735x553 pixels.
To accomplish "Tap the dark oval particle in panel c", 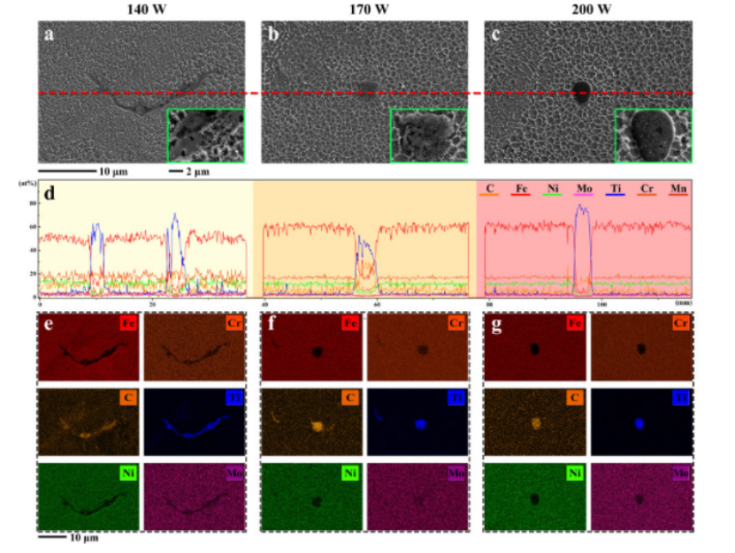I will click(582, 91).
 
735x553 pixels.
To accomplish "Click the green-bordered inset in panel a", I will click(205, 135).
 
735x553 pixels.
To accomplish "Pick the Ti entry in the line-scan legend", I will click(616, 188).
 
